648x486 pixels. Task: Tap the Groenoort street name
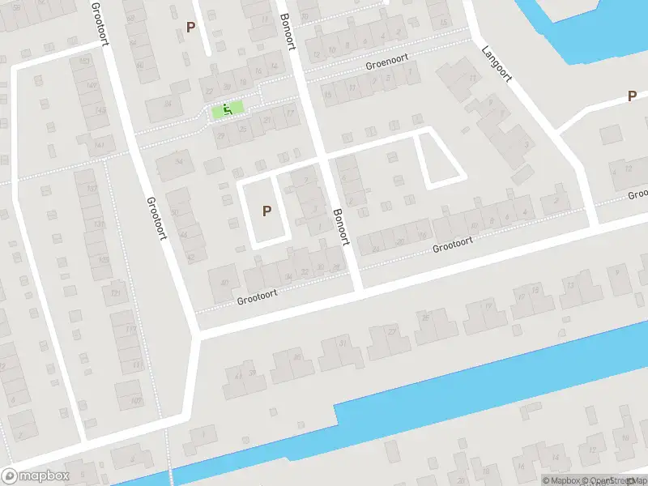coord(387,62)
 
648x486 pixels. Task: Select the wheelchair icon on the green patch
coord(228,109)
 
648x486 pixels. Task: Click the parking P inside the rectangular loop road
coord(266,211)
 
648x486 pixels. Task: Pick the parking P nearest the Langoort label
coord(632,96)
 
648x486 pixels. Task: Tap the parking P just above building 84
coord(191,27)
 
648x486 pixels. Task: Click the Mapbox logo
coord(36,476)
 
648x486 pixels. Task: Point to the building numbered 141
coord(100,144)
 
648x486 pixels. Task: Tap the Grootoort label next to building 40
coord(257,297)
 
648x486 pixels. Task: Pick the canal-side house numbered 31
coord(341,348)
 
